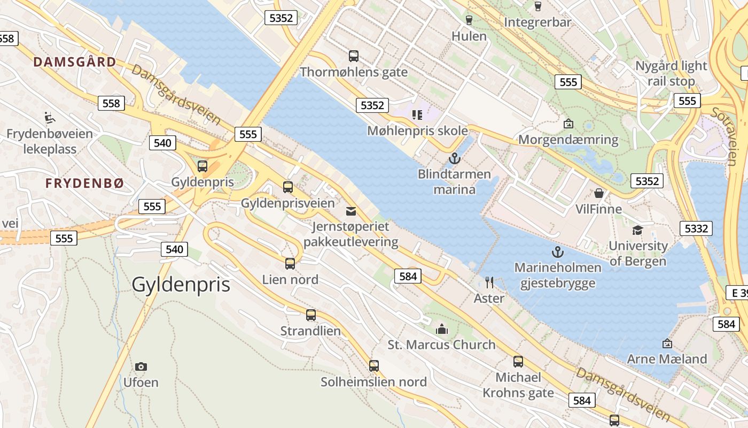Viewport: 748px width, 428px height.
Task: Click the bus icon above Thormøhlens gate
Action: coord(353,56)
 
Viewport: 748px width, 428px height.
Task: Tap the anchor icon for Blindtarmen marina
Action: coord(454,158)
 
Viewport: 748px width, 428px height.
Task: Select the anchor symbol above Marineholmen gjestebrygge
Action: coord(558,251)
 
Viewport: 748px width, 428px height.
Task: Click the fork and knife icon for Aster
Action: coord(489,281)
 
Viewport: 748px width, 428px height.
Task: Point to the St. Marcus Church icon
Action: coord(442,328)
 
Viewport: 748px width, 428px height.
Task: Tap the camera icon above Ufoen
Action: coord(141,366)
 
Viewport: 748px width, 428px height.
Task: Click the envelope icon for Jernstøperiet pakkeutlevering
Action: coord(351,211)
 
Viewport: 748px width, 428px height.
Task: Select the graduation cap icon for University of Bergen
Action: coord(637,230)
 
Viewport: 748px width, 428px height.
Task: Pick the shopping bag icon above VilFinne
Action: coord(599,193)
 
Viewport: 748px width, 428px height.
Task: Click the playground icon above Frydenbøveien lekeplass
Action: coord(49,117)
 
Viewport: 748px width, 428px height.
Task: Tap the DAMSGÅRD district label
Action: coord(75,62)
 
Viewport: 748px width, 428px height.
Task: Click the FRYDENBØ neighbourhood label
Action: coord(84,184)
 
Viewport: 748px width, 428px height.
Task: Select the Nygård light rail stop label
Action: coord(671,73)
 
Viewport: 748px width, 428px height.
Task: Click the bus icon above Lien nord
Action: coord(290,263)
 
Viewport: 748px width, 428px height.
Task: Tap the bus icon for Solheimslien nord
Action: coord(373,366)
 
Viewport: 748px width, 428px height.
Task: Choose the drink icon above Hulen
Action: coord(469,20)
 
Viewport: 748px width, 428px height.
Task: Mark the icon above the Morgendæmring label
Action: coord(568,124)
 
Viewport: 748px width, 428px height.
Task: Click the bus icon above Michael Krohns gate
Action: coord(518,361)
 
